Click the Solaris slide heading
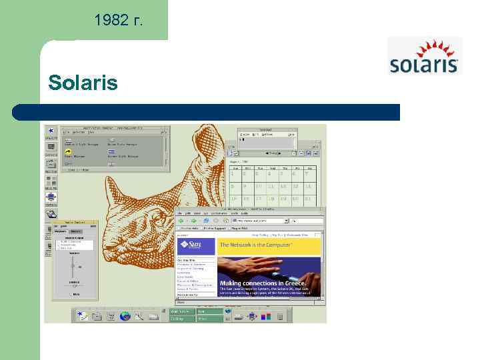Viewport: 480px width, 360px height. pos(83,83)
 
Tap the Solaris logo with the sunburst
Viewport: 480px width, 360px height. pos(424,56)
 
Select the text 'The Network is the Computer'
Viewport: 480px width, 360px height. pos(255,245)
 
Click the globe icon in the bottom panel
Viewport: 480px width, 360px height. pos(125,315)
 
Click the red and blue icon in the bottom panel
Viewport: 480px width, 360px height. pos(266,315)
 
